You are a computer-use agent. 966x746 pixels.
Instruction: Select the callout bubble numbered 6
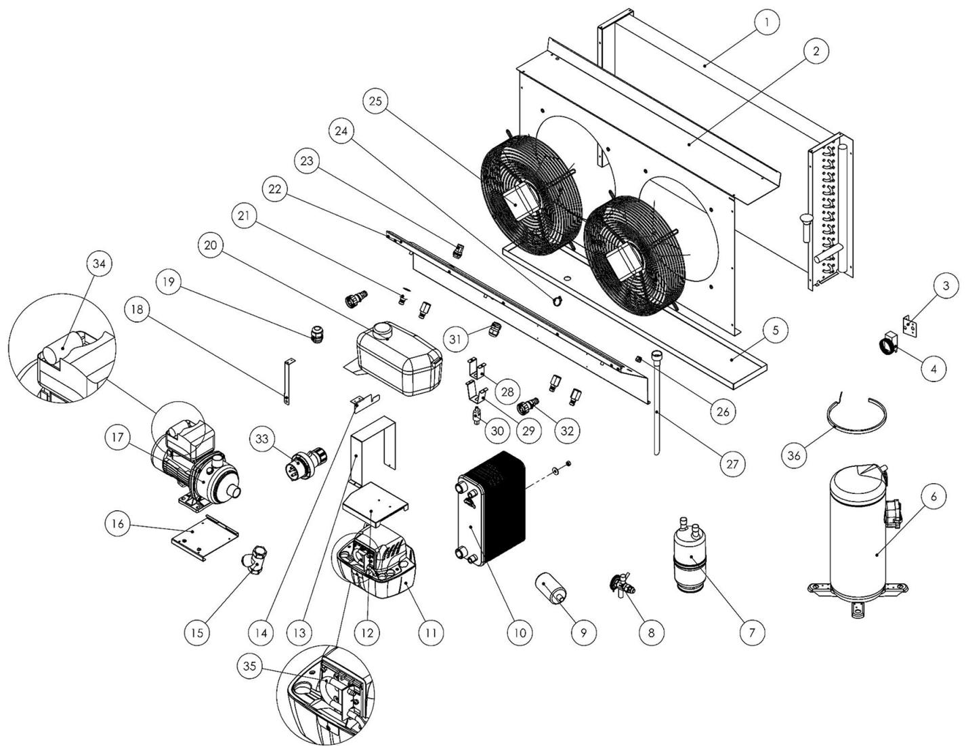point(933,497)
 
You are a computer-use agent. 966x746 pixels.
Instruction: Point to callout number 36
point(795,455)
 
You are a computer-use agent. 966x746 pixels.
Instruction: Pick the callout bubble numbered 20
point(210,246)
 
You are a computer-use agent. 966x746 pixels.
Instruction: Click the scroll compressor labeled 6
point(858,535)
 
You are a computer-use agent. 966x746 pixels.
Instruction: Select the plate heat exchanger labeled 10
point(491,508)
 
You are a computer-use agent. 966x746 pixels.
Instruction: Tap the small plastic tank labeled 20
point(400,359)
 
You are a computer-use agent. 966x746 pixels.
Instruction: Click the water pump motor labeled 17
point(196,474)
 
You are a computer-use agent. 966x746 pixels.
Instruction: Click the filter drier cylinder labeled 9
point(554,586)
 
